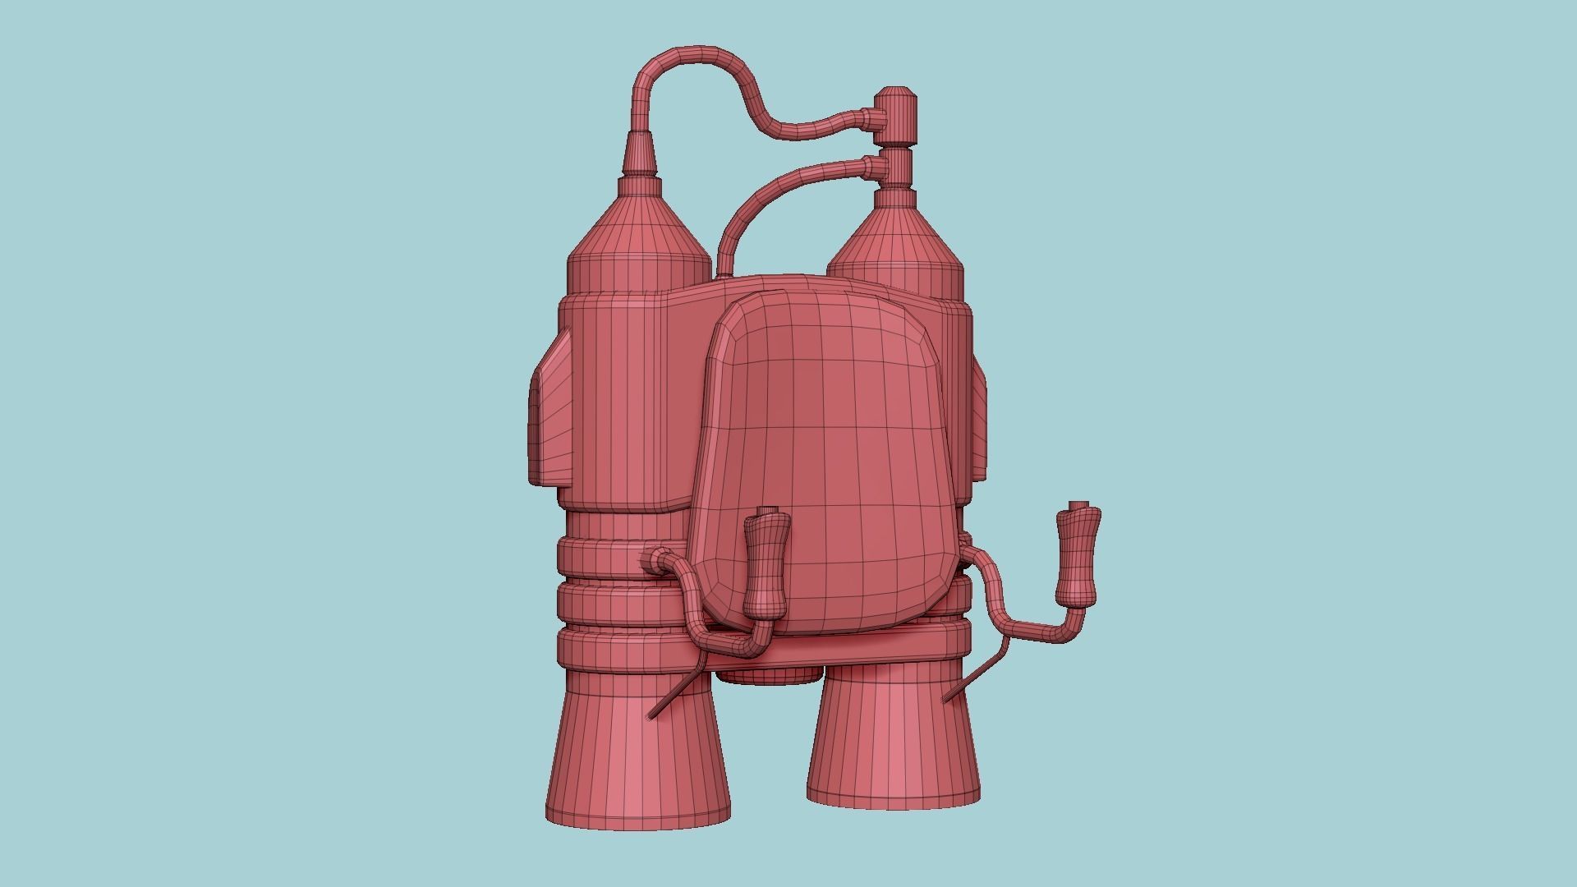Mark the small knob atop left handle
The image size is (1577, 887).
767,510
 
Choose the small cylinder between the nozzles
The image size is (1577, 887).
768,673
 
